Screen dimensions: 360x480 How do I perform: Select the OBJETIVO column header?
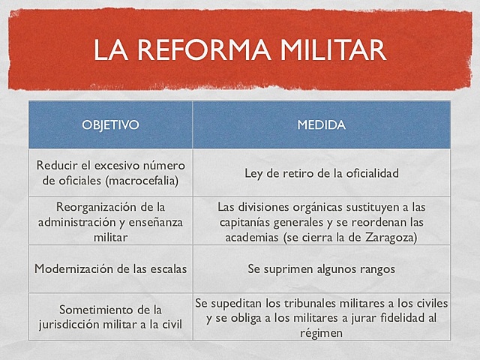[x=110, y=124]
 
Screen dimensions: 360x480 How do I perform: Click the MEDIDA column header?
[x=321, y=124]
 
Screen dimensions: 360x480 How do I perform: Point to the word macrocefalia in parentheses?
[x=150, y=180]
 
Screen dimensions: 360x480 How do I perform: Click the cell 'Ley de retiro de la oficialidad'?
[x=321, y=172]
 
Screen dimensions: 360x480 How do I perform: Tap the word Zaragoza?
[x=389, y=237]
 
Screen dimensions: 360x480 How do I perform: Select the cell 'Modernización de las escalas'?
[x=110, y=267]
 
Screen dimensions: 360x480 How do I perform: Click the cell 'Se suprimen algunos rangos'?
[x=321, y=267]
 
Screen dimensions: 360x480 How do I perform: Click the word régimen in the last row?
[x=321, y=333]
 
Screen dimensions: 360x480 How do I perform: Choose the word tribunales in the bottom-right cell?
[x=283, y=303]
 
